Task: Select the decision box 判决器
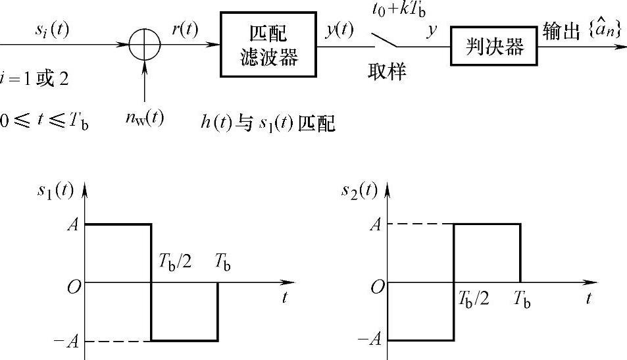(490, 47)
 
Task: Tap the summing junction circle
(143, 45)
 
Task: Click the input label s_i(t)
(54, 31)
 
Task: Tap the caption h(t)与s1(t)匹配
(268, 122)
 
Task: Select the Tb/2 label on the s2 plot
(472, 299)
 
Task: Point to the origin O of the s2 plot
(378, 287)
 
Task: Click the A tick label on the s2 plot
(376, 224)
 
